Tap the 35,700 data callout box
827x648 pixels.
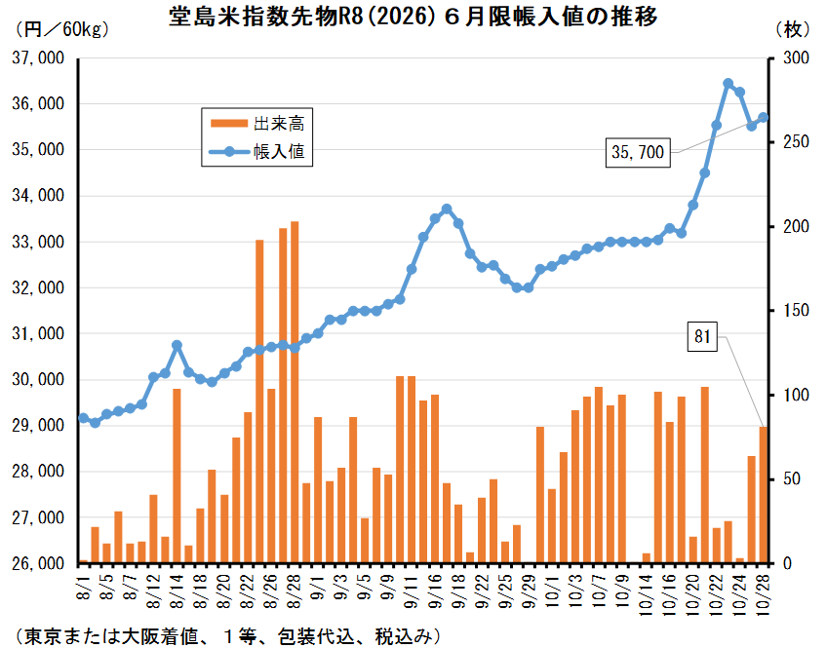638,152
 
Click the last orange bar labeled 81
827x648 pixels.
764,495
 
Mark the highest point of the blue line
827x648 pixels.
728,84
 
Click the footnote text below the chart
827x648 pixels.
224,634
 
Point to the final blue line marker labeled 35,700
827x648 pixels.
764,118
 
